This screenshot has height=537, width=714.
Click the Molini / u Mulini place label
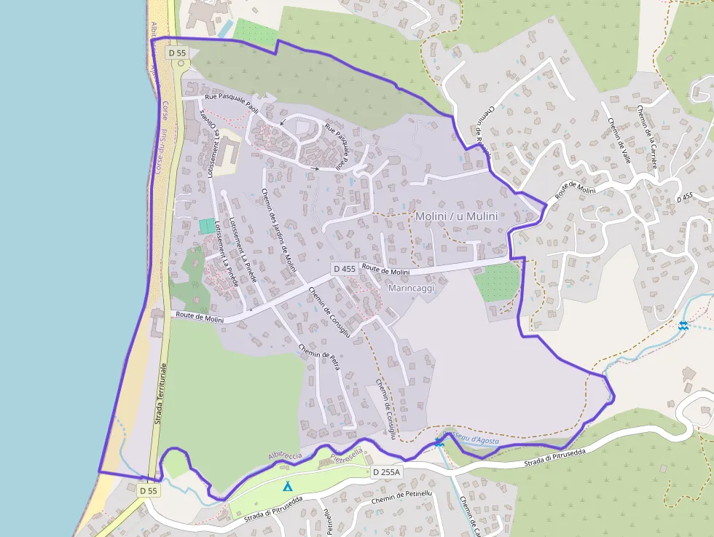(457, 216)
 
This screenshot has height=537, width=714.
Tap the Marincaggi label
(412, 289)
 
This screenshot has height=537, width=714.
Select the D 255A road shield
(386, 472)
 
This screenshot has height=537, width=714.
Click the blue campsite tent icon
(288, 485)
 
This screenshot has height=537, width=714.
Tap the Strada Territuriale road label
(160, 393)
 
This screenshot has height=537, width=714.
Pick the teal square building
(208, 227)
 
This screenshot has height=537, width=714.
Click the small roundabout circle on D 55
(179, 63)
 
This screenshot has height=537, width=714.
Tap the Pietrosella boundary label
(346, 459)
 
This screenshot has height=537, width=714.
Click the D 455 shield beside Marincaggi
(345, 269)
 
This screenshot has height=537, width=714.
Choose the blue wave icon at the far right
(683, 326)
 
